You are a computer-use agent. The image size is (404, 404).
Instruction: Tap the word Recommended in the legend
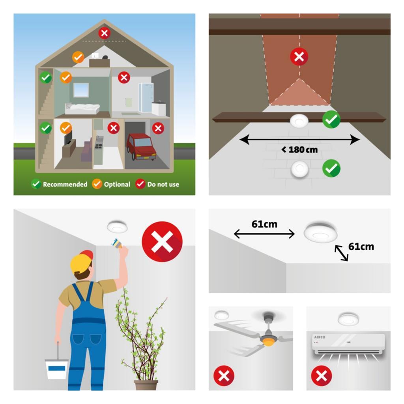tap(65, 185)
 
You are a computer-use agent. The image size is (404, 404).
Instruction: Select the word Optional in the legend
tap(117, 185)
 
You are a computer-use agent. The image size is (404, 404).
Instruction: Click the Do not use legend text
tap(163, 185)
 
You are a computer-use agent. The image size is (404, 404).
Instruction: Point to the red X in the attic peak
tap(104, 33)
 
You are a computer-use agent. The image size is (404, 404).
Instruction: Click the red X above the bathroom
tap(124, 77)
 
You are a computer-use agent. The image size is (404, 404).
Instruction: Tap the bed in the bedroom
tap(82, 108)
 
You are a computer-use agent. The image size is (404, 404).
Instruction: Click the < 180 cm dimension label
tap(299, 150)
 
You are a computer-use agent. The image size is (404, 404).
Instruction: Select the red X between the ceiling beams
tap(299, 56)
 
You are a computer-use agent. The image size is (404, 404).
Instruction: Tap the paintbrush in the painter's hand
tap(117, 243)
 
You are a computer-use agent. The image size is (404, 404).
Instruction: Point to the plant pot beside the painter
tap(146, 385)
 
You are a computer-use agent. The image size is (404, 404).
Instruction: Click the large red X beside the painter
tap(162, 242)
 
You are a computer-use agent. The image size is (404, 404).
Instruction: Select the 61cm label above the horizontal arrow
tap(264, 224)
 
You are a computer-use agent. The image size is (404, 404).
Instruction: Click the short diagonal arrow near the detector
tap(341, 253)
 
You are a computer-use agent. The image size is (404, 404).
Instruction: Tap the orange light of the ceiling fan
tap(268, 342)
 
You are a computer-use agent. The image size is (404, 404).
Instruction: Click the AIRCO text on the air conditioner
tap(320, 337)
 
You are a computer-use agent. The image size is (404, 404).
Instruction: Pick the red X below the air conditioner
tap(321, 376)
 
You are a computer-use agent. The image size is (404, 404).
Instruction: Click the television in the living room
tap(68, 138)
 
